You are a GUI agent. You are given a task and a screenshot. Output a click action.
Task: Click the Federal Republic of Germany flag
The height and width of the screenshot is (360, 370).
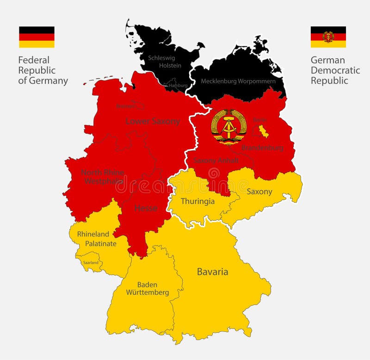coord(37,37)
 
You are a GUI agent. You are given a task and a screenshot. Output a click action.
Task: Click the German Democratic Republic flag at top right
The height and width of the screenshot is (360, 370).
coord(328,37)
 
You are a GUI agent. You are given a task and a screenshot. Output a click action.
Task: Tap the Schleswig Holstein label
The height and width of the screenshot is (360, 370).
coord(164,62)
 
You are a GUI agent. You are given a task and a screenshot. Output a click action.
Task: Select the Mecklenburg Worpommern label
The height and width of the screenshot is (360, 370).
coord(238,81)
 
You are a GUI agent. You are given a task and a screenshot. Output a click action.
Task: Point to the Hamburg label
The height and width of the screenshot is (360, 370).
coord(179,86)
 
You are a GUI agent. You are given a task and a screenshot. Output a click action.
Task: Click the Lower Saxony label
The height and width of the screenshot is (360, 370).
coord(153,121)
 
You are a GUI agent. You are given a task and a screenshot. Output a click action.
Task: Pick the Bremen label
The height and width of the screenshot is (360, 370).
coord(125,106)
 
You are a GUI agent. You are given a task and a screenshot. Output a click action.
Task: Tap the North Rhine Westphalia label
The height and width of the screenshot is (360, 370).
coord(103,177)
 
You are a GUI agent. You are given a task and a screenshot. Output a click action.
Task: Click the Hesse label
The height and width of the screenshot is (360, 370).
coord(146,208)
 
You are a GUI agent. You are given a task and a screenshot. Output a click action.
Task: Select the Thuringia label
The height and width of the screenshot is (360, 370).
coord(197,201)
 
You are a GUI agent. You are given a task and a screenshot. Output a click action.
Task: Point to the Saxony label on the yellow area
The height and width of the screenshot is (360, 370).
coord(259,192)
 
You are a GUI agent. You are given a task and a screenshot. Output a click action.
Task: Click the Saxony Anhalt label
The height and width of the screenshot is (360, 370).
coord(216,160)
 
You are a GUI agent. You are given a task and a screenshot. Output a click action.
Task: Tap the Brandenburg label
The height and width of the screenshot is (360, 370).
coord(263,148)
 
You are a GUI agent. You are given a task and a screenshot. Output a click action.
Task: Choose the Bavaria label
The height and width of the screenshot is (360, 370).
coord(212,272)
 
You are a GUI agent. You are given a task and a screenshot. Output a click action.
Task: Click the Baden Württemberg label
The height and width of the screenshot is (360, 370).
coord(147,288)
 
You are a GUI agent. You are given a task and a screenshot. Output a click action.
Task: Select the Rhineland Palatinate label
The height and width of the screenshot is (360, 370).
coord(97,239)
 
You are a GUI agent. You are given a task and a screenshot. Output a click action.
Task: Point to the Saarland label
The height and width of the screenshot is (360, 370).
coord(90,262)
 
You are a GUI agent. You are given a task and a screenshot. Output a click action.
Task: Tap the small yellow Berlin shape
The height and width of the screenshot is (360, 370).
coord(263,130)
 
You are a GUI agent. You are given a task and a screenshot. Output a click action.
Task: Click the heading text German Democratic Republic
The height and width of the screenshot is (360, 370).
coord(335,70)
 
